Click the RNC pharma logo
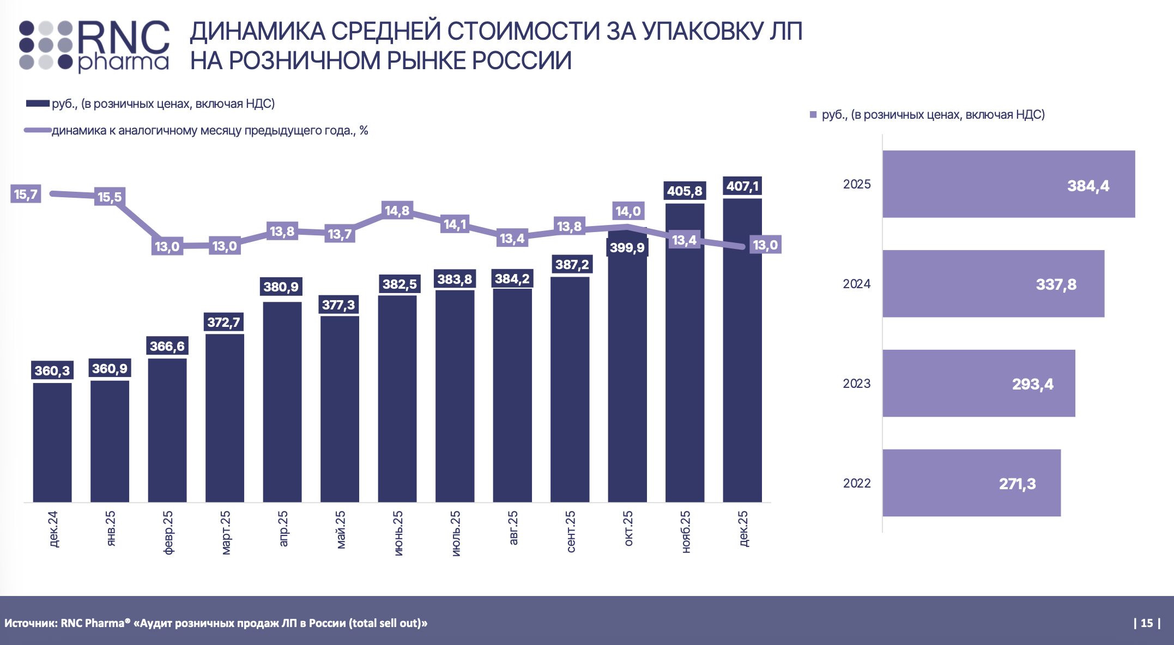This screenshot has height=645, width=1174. (94, 46)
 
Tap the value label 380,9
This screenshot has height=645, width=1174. (281, 287)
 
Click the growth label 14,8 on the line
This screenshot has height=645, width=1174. (397, 210)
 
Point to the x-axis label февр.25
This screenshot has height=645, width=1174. (168, 532)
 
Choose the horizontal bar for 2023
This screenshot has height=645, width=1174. (978, 384)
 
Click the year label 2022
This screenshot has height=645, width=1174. (857, 483)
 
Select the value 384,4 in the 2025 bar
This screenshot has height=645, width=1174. (1088, 186)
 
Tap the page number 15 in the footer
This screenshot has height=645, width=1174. (1147, 623)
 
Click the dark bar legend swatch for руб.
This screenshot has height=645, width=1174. (38, 104)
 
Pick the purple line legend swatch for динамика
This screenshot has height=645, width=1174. (38, 131)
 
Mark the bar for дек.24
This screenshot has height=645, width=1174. (52, 441)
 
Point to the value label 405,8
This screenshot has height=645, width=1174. (685, 191)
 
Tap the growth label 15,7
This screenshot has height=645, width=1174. (26, 194)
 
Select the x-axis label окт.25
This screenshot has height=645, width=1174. (628, 528)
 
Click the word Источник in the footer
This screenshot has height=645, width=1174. (30, 623)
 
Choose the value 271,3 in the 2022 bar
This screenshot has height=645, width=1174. (1017, 484)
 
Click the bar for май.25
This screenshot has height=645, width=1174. (340, 409)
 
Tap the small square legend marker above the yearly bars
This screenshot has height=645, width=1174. (813, 115)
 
